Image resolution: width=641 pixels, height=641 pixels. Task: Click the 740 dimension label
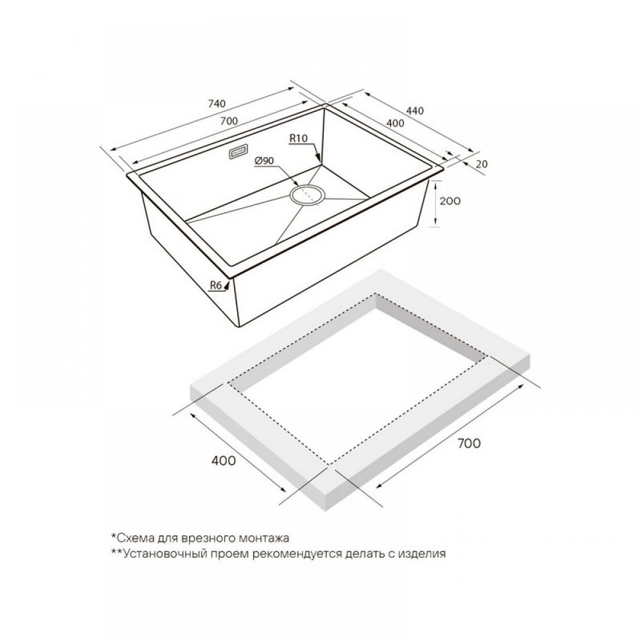217,104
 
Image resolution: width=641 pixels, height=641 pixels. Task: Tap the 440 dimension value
415,110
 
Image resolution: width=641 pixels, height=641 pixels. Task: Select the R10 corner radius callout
298,138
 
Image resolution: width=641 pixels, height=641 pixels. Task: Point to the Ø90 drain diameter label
263,161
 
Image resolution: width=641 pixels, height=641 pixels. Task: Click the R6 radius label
215,285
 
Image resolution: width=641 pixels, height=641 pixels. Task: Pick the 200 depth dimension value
450,201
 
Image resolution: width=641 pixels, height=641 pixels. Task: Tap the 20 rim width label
482,164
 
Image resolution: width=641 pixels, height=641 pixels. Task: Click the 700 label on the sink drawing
229,121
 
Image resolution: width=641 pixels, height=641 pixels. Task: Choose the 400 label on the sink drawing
395,122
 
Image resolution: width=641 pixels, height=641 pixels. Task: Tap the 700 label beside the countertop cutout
469,443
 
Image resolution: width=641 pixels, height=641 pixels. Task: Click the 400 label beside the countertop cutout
224,460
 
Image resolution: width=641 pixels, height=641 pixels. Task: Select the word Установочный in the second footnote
158,554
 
